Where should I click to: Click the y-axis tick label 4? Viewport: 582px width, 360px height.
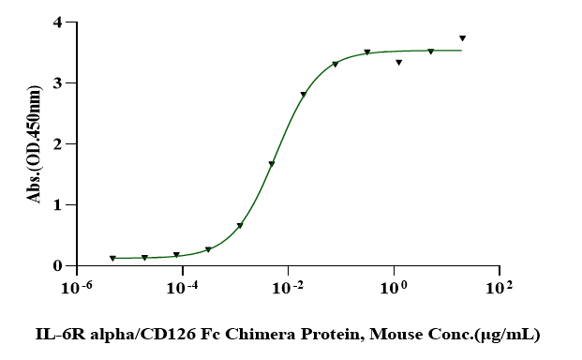57,22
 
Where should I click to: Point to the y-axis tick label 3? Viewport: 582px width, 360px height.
57,83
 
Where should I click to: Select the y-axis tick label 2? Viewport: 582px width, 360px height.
57,144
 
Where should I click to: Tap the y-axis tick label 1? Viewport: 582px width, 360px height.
57,205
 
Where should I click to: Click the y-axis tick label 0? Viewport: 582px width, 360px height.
57,266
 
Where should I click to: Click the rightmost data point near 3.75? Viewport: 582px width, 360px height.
462,38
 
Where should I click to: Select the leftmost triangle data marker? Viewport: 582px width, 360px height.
112,258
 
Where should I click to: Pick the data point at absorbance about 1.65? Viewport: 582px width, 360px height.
272,165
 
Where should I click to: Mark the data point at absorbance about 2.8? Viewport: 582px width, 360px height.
304,95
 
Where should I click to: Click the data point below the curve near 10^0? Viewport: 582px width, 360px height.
399,63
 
